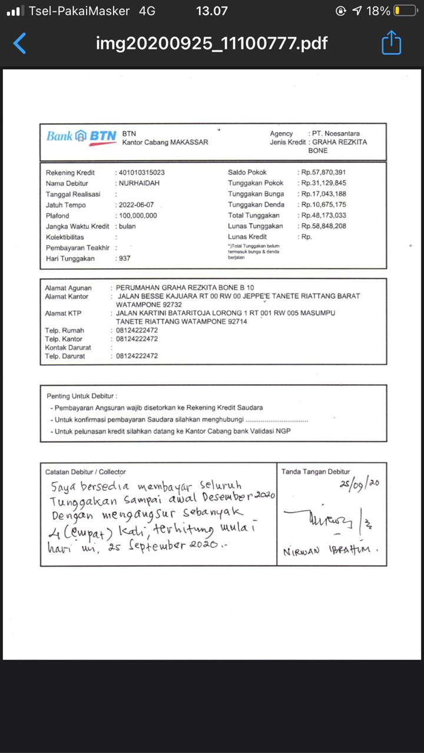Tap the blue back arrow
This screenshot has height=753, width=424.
pyautogui.click(x=20, y=43)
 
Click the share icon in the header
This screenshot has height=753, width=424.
pyautogui.click(x=392, y=43)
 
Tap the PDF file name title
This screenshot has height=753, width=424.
pyautogui.click(x=211, y=43)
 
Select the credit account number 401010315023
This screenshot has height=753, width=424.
pyautogui.click(x=141, y=172)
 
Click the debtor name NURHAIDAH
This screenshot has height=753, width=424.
pyautogui.click(x=139, y=183)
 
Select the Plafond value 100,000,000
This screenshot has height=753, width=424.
pyautogui.click(x=138, y=215)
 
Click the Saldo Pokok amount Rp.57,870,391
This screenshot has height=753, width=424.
pyautogui.click(x=323, y=172)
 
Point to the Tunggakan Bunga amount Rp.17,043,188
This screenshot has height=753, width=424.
pyautogui.click(x=323, y=194)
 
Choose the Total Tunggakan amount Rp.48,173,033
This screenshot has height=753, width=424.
pyautogui.click(x=323, y=215)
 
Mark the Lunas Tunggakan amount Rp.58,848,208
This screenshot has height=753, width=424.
pyautogui.click(x=323, y=226)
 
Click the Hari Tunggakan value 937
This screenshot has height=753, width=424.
pyautogui.click(x=124, y=258)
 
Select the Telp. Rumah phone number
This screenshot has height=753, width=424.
pyautogui.click(x=137, y=330)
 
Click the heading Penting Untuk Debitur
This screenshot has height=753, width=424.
pyautogui.click(x=82, y=396)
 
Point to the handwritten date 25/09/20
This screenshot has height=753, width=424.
pyautogui.click(x=359, y=484)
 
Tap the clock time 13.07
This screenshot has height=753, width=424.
pyautogui.click(x=211, y=11)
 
